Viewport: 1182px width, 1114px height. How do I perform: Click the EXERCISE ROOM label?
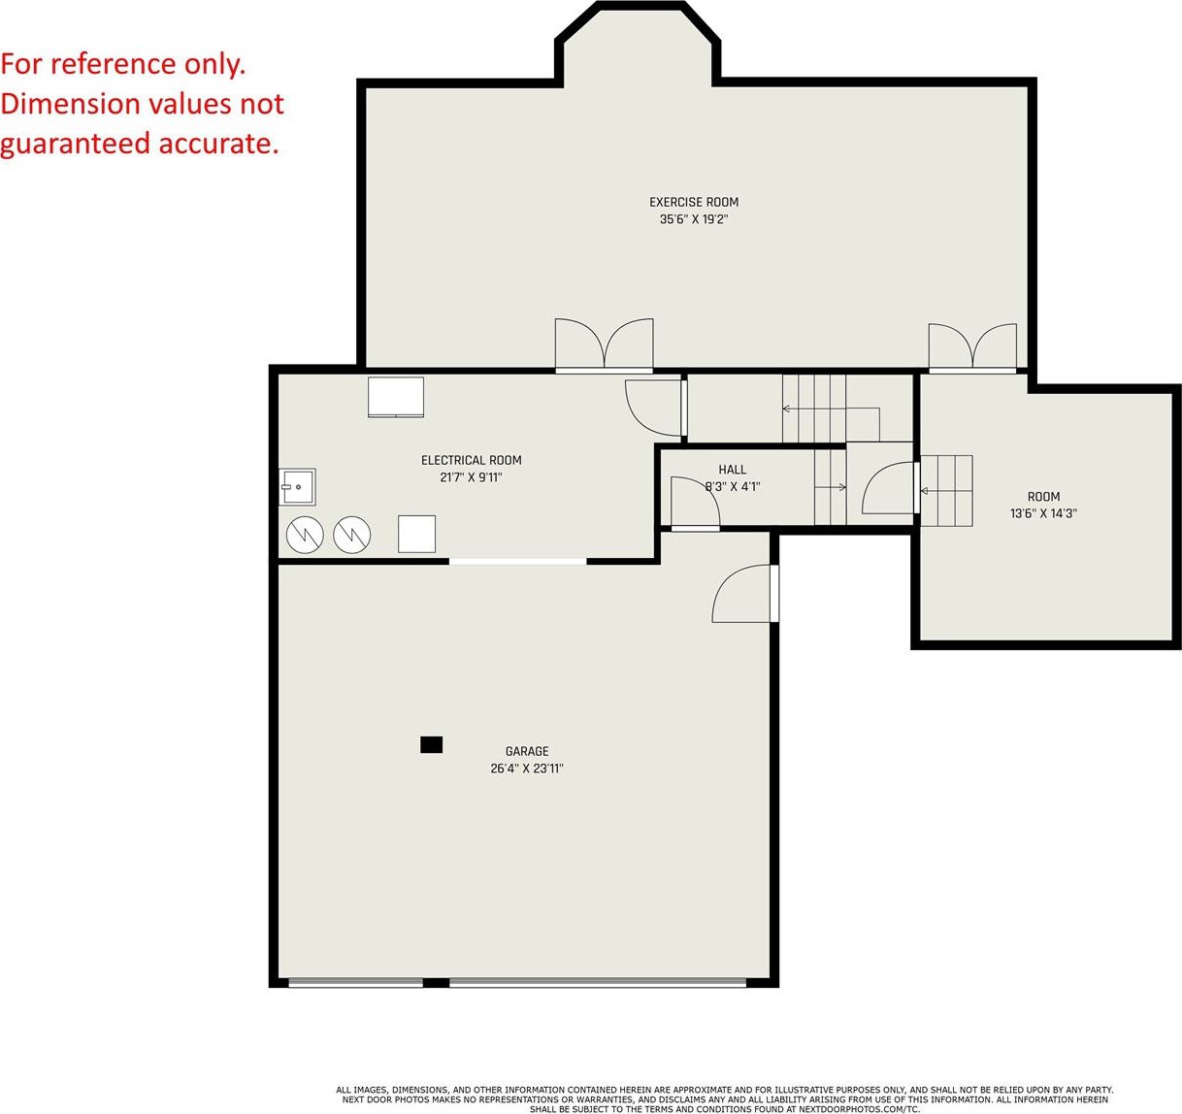(693, 203)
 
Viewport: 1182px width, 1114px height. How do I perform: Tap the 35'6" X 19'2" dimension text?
(693, 219)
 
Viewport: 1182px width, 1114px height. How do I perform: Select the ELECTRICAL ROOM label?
(472, 460)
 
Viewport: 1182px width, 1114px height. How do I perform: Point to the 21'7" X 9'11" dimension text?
(472, 476)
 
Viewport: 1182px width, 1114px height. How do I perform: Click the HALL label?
(732, 470)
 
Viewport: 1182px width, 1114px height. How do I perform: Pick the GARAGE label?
(527, 751)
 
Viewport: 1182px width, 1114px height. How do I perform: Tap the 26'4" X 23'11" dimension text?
(527, 769)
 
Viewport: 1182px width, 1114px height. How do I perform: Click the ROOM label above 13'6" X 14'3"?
(1043, 497)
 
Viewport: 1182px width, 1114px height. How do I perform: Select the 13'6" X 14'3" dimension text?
(1043, 513)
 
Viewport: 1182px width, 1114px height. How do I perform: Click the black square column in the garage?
(432, 745)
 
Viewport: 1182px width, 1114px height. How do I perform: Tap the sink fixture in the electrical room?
(298, 486)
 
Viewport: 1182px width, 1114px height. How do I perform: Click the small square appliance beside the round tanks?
(416, 534)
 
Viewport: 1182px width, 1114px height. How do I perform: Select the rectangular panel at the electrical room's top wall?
(396, 397)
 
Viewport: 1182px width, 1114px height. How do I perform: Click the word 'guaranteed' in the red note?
(75, 145)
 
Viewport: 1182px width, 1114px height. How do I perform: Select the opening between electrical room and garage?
(518, 561)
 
